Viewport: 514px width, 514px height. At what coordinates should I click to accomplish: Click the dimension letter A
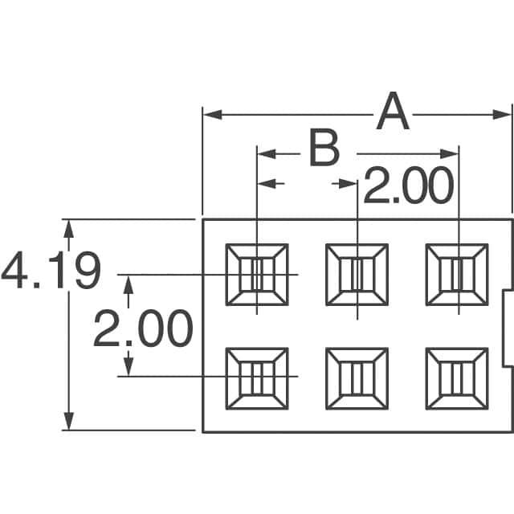pos(393,111)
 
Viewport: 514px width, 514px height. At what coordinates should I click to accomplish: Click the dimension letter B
pos(324,148)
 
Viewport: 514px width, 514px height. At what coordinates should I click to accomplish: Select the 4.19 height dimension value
pos(51,270)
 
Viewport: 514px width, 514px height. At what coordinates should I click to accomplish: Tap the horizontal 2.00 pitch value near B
pos(409,185)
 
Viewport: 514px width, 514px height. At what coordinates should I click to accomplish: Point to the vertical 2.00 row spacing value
pos(143,328)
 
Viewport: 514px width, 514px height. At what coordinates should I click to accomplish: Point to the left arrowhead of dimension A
pos(212,115)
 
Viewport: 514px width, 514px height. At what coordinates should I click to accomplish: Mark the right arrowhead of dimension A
pos(502,115)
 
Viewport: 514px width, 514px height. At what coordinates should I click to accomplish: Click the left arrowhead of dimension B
pos(267,153)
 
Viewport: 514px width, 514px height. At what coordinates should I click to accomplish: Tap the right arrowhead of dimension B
pos(449,153)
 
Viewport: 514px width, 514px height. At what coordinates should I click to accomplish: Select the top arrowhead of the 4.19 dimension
pos(68,229)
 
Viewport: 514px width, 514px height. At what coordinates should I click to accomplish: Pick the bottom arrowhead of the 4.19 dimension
pos(68,421)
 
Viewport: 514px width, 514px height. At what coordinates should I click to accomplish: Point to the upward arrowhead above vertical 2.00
pos(128,284)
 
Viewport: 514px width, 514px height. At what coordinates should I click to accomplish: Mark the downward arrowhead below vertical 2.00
pos(128,366)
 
